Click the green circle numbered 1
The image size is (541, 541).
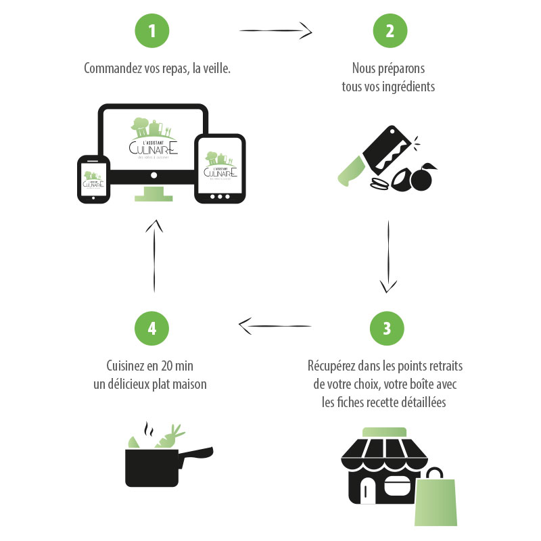(152, 31)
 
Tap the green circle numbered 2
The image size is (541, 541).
(390, 31)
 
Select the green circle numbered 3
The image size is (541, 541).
(387, 329)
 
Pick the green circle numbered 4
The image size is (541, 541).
(152, 329)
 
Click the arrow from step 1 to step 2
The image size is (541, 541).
(275, 30)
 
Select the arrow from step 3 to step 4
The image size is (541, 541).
(275, 326)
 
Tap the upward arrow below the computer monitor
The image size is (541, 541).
(154, 254)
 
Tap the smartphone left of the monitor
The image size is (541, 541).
(93, 179)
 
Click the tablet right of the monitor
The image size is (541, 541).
(219, 168)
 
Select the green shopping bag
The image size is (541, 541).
(437, 501)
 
